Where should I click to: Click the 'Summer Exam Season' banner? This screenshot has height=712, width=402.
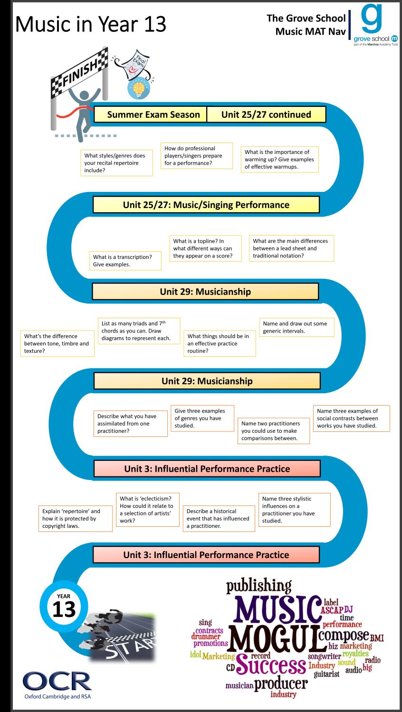pos(150,114)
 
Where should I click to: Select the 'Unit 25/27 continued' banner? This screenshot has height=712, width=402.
pos(266,114)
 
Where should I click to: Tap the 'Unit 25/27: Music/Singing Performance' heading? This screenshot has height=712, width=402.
pos(206,205)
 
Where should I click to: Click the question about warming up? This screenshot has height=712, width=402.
pos(279,159)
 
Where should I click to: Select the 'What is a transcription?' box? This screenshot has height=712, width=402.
pos(125,260)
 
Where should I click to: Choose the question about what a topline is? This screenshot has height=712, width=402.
pos(205,248)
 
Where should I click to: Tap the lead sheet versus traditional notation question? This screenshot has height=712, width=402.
pos(291,248)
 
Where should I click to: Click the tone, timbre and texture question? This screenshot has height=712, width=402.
pos(57,343)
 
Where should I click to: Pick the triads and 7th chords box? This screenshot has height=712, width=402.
pos(139,331)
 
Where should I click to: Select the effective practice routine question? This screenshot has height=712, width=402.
pos(220,343)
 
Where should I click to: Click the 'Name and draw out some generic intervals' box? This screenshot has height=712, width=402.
pos(297,327)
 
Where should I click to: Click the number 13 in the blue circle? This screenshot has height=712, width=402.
pos(64,608)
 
